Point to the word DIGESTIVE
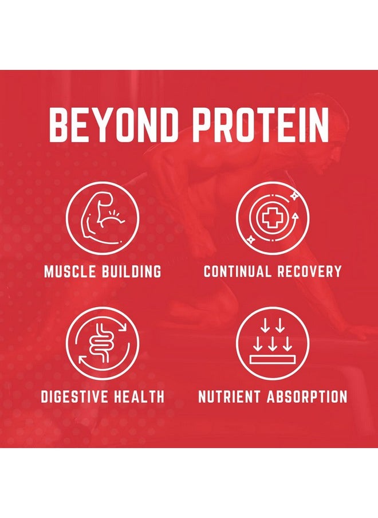click(74, 396)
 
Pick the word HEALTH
click(140, 396)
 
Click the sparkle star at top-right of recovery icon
click(294, 196)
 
